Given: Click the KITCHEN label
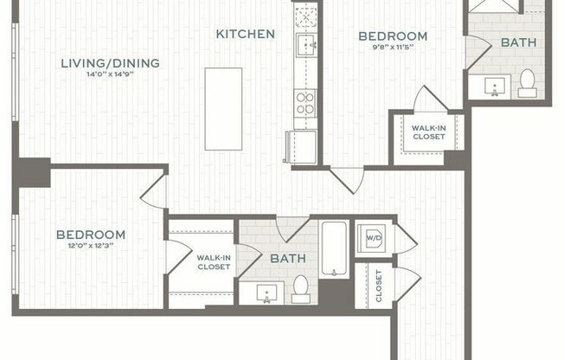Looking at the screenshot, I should (246, 35).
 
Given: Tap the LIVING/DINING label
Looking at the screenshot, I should (110, 62).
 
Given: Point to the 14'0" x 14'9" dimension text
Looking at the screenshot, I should (110, 75).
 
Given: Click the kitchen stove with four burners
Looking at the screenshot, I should (305, 104).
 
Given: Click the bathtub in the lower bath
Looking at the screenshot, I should (335, 248).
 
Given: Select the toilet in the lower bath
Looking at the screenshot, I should (301, 287).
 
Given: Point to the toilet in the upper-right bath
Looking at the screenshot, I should (527, 83).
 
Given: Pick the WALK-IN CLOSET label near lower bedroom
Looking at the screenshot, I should (213, 262).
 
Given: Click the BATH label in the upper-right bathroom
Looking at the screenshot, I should (518, 42).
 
